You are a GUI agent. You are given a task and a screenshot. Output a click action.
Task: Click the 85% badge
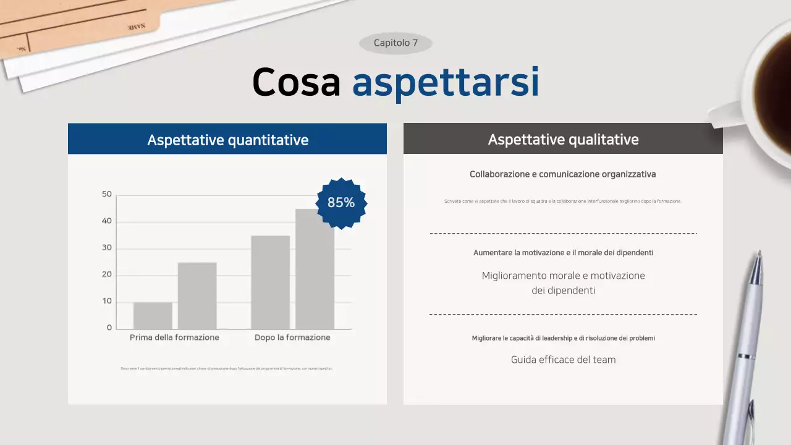click(341, 203)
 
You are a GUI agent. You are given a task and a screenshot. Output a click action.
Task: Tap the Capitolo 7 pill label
click(395, 43)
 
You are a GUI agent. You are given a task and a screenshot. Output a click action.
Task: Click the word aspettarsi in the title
click(445, 82)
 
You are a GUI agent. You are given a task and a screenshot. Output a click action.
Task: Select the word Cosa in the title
click(297, 82)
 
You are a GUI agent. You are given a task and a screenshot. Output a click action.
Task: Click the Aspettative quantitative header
click(227, 140)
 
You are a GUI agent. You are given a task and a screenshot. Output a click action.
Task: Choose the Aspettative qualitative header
click(563, 139)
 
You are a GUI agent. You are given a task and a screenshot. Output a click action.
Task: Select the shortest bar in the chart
click(153, 315)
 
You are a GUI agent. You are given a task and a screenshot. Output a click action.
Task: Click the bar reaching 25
click(197, 295)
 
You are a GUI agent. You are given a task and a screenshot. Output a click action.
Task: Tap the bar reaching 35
click(270, 282)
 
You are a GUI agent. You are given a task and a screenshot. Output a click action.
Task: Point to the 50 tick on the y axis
click(107, 194)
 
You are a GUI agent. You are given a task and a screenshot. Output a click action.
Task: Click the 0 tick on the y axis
click(109, 328)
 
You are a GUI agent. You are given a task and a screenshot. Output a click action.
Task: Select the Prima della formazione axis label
click(174, 337)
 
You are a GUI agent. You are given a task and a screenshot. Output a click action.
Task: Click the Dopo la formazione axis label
click(292, 337)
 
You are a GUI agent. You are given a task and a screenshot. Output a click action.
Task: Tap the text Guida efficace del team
click(563, 360)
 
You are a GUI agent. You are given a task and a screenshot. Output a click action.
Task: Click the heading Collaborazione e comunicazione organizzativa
click(562, 174)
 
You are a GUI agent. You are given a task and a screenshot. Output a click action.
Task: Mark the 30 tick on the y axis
click(107, 248)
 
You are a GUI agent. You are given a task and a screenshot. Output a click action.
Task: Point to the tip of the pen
click(759, 253)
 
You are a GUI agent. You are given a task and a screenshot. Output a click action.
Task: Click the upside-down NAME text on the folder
click(136, 27)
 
